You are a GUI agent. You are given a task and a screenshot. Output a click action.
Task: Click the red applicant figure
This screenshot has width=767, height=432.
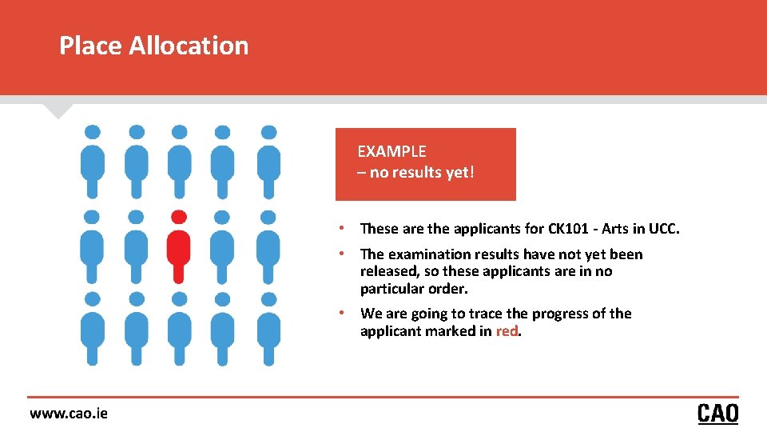point(179,252)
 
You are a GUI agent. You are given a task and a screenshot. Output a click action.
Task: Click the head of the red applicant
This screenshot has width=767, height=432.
point(179,217)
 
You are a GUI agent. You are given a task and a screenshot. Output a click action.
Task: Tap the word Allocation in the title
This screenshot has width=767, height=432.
point(189,46)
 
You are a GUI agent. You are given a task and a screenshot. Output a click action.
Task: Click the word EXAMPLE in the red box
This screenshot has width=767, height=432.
point(391,151)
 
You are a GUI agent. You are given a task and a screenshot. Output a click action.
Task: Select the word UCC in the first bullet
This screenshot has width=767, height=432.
point(662,229)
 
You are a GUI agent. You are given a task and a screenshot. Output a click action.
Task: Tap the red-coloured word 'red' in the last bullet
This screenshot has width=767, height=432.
point(507,331)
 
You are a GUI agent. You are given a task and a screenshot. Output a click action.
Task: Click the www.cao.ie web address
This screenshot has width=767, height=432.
point(69,413)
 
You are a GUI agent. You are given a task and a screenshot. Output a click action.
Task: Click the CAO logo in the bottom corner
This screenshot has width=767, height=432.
point(717,413)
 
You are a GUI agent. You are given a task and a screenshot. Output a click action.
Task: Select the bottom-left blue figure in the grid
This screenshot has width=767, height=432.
point(93,330)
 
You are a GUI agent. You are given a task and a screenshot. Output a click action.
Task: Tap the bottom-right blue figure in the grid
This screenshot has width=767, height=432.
point(269,330)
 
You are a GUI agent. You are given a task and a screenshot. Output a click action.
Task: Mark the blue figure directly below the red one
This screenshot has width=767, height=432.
point(180,330)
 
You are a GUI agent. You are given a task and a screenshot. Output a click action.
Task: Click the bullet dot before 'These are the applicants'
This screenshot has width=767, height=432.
point(341,229)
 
